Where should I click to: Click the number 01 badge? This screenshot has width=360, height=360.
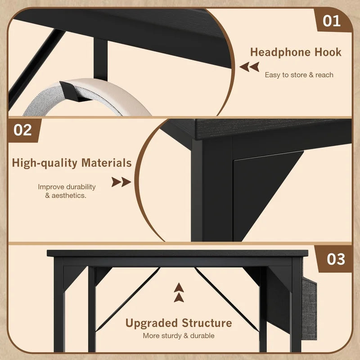tap(333, 20)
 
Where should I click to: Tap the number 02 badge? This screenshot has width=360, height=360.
tap(23, 130)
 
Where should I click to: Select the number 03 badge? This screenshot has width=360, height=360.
tap(334, 259)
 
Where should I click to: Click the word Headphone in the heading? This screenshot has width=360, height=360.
tap(280, 52)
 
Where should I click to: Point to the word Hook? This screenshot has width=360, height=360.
tap(328, 52)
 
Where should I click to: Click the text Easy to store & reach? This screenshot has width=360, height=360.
tap(299, 75)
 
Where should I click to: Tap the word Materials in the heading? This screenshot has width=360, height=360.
tap(107, 162)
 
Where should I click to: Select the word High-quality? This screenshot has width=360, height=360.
tap(45, 163)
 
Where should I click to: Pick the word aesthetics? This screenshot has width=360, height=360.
tap(69, 196)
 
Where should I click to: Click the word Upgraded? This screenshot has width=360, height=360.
tap(152, 323)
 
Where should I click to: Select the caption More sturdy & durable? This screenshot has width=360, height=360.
tap(179, 336)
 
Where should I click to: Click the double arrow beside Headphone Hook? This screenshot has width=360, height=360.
tap(249, 67)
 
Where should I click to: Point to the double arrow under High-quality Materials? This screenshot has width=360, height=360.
tap(121, 182)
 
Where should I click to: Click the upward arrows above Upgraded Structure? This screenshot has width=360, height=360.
tap(179, 293)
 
